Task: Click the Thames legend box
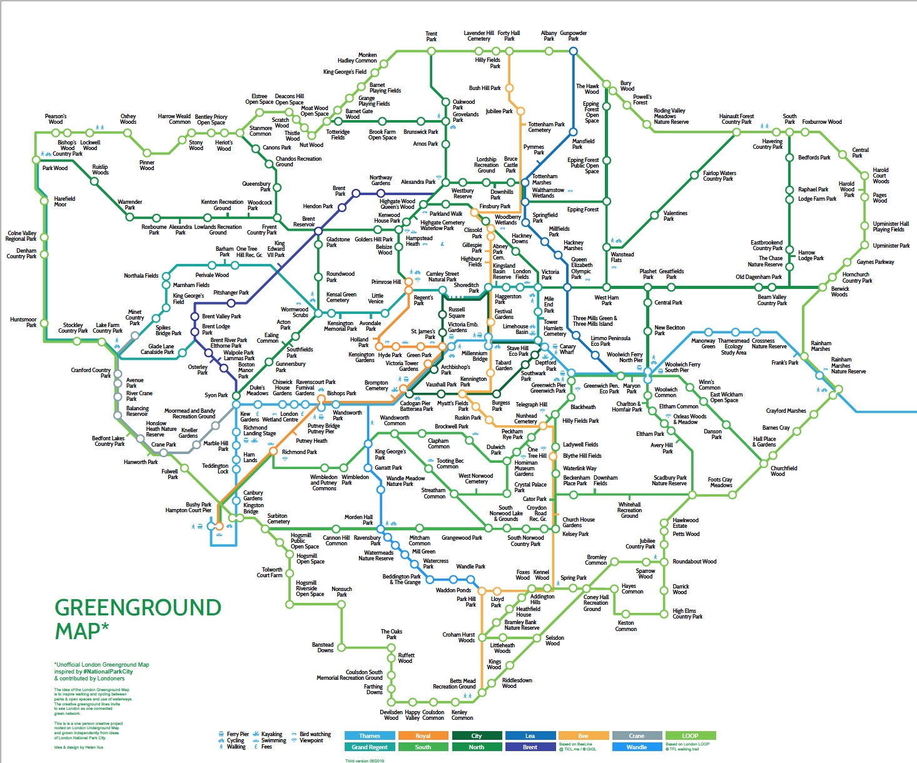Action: pos(369,735)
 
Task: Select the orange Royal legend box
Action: pos(423,735)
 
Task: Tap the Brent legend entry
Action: pos(530,747)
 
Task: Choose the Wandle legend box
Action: pos(637,747)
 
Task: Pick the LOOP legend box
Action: pos(690,735)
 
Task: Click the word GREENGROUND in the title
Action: pos(138,608)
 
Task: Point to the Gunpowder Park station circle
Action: pos(573,51)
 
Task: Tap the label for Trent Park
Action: pos(432,36)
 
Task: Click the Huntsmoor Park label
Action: pos(23,322)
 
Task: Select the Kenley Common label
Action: pos(462,715)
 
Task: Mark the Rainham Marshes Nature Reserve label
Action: pos(848,365)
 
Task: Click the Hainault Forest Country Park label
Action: pos(736,119)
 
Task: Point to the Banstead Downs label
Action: pos(323,647)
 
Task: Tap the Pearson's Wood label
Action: pos(56,119)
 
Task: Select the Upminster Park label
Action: pos(891,246)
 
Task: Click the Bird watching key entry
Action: pos(315,734)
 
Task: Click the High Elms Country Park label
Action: pos(687,614)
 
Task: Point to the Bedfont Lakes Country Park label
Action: pos(108,441)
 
